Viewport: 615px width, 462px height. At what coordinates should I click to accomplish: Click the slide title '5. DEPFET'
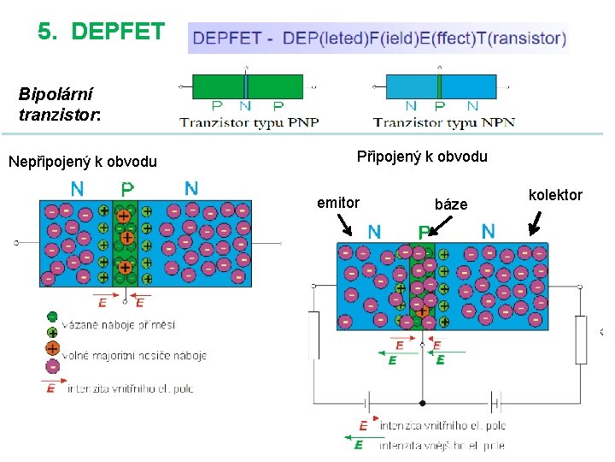(101, 32)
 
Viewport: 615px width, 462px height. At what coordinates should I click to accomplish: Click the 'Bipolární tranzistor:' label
(59, 103)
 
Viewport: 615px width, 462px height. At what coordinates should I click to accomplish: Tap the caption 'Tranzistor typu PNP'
(249, 122)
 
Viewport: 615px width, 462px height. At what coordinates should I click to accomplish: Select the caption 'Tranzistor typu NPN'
(443, 122)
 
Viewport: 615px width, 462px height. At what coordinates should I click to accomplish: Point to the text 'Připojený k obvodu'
(422, 157)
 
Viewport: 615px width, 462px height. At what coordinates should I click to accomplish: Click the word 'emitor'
(338, 203)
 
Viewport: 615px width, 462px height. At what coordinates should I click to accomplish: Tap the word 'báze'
(451, 204)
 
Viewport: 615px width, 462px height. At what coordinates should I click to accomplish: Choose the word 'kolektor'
(555, 195)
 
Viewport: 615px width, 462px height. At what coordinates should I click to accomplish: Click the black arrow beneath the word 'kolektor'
(536, 225)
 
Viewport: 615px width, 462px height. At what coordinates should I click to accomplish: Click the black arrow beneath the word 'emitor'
(345, 225)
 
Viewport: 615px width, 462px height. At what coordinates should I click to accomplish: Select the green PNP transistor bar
(247, 86)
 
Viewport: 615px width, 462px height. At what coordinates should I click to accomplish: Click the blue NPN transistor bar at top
(441, 86)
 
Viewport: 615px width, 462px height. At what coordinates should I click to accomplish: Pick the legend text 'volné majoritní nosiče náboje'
(134, 355)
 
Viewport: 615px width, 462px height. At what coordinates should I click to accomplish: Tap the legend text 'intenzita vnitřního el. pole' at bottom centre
(442, 425)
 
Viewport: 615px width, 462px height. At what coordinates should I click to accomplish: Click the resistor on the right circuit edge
(581, 340)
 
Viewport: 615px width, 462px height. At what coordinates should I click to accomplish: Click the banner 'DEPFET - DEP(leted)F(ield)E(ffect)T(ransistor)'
(378, 38)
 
